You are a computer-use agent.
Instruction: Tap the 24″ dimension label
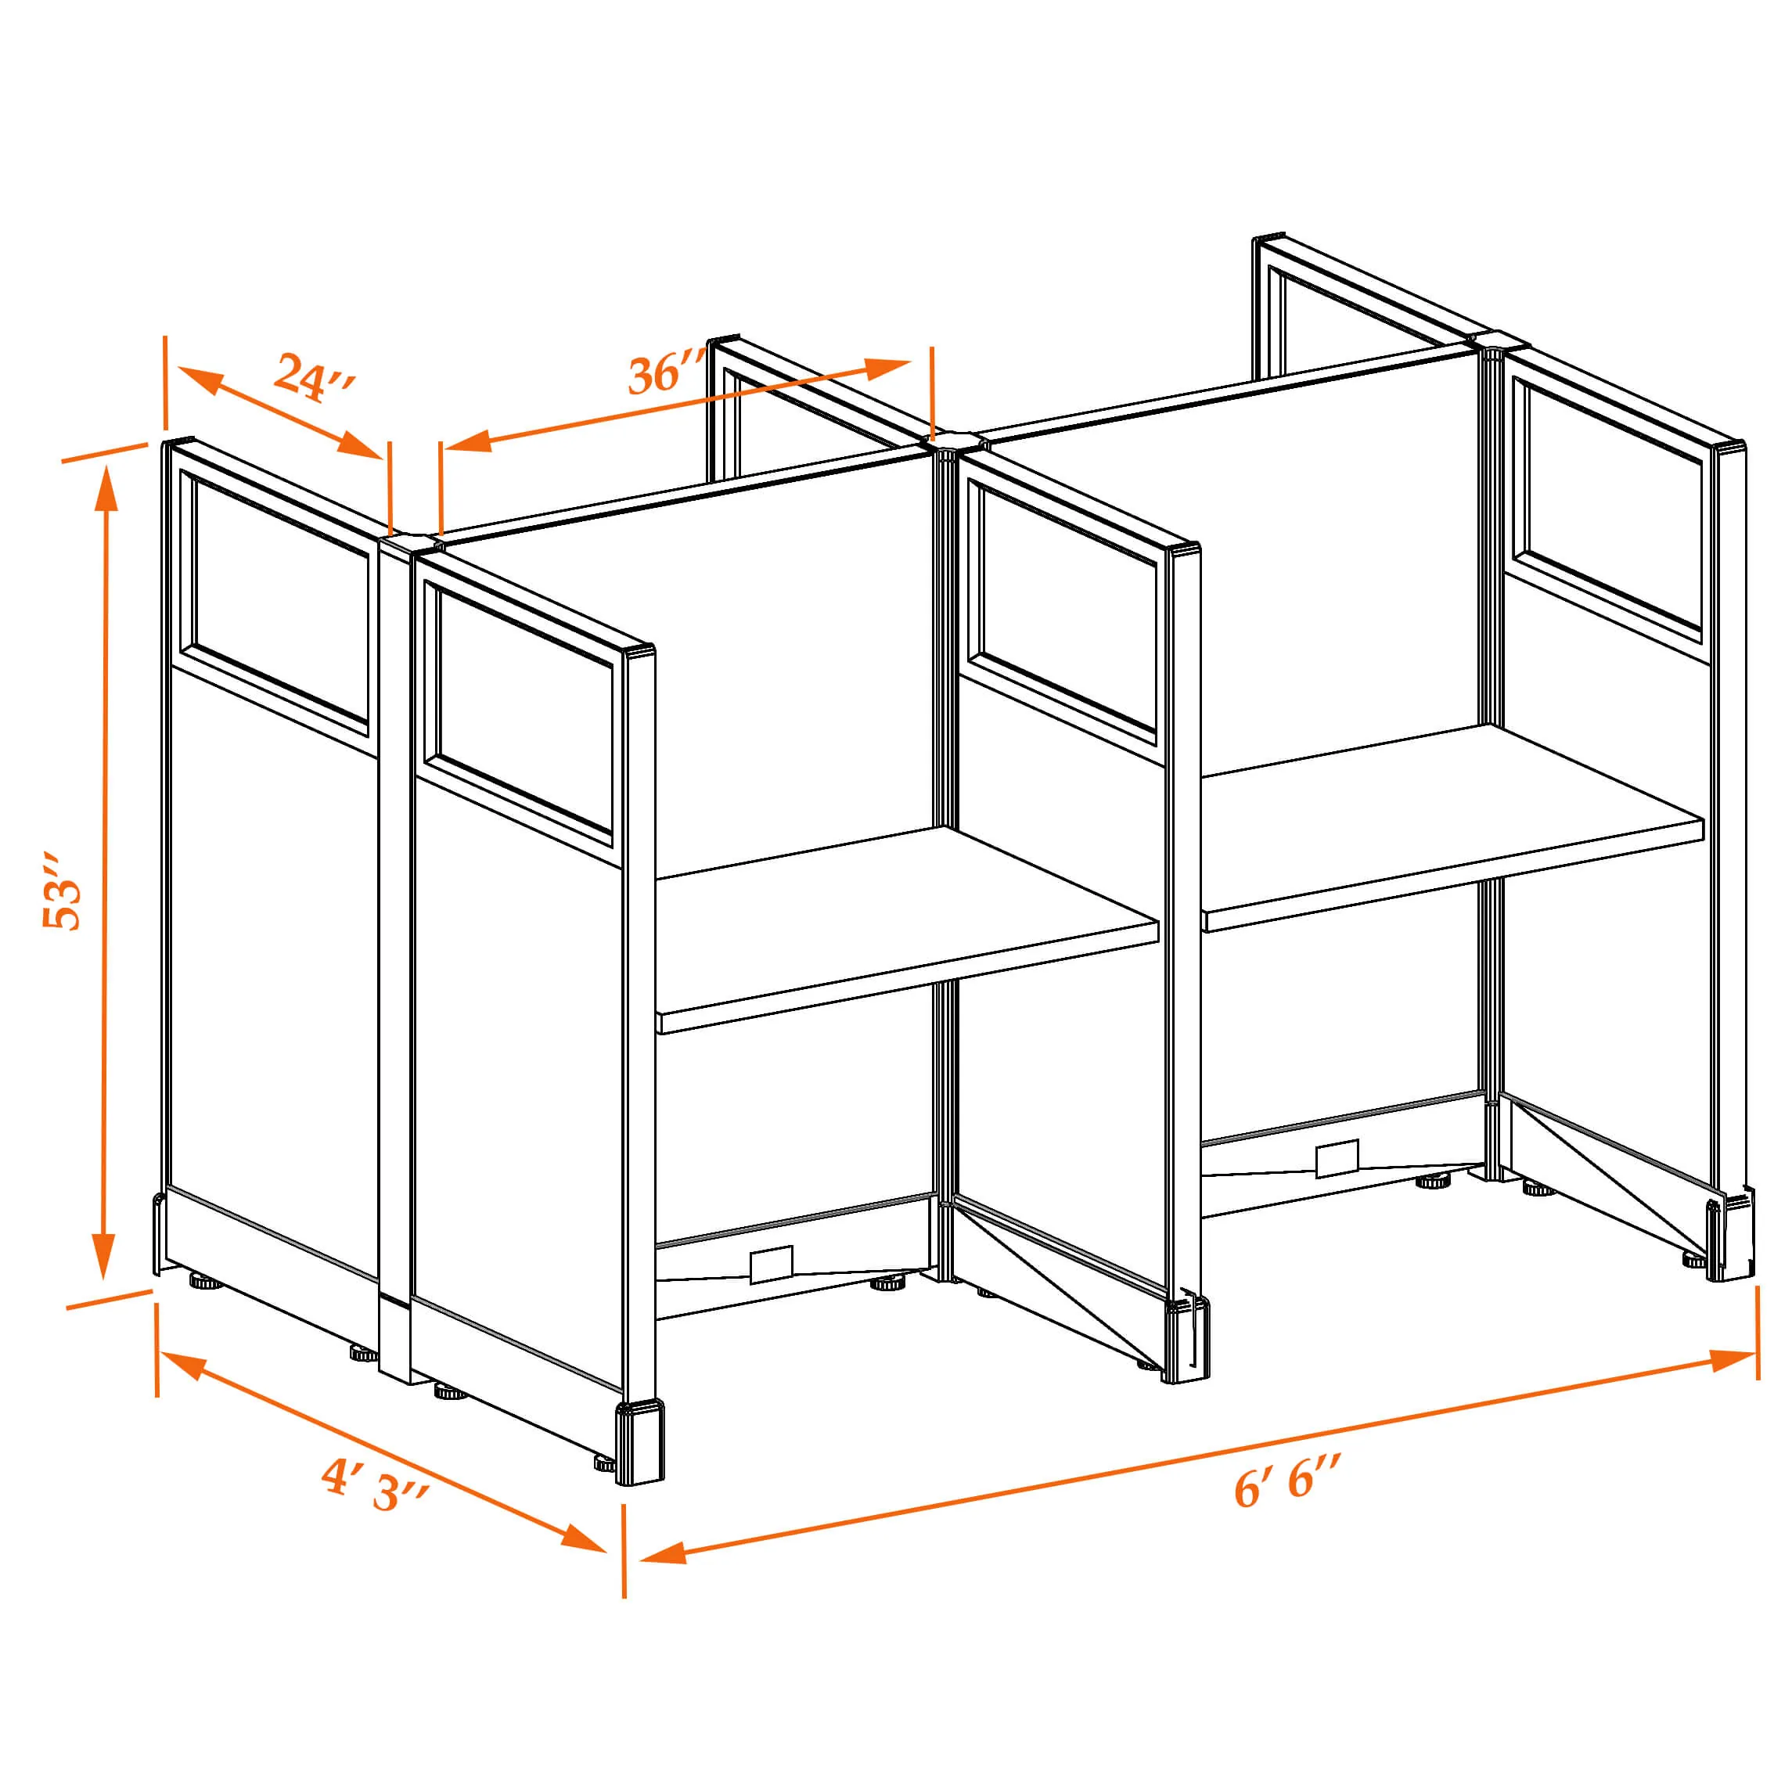tap(315, 377)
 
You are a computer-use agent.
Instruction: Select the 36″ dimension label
tap(666, 372)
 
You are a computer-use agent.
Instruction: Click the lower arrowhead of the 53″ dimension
tap(105, 1256)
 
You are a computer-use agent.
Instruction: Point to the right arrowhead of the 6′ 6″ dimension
tap(1731, 1361)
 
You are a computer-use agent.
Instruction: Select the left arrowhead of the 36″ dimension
tap(469, 441)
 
